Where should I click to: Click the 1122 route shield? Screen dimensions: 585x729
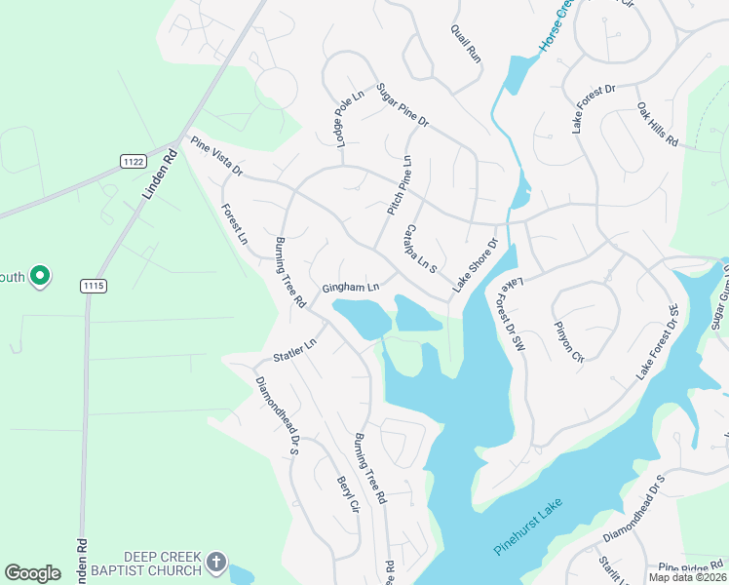pyautogui.click(x=134, y=160)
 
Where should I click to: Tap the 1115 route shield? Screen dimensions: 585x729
pyautogui.click(x=94, y=285)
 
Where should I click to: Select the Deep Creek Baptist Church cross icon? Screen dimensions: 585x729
pyautogui.click(x=216, y=563)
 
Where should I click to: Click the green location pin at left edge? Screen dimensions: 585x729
pyautogui.click(x=40, y=277)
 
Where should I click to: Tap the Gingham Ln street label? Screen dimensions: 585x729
pyautogui.click(x=350, y=289)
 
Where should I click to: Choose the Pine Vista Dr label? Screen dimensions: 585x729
pyautogui.click(x=216, y=157)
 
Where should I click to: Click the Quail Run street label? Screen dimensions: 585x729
pyautogui.click(x=467, y=44)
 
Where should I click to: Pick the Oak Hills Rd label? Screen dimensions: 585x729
pyautogui.click(x=658, y=124)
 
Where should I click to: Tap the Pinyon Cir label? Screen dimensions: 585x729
pyautogui.click(x=568, y=340)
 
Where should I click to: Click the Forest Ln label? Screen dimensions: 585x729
pyautogui.click(x=234, y=224)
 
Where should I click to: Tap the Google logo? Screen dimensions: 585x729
pyautogui.click(x=33, y=573)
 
